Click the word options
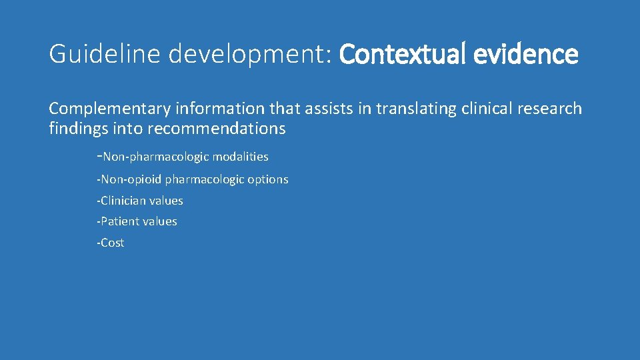[268, 179]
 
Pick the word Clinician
[125, 201]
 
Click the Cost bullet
[111, 243]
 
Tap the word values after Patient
[160, 221]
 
